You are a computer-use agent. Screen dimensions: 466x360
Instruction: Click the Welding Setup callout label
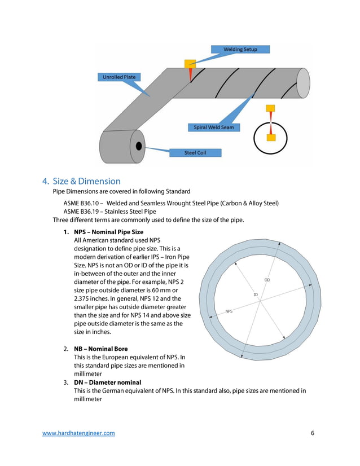(x=240, y=49)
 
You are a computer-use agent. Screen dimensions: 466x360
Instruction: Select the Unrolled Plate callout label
(x=118, y=77)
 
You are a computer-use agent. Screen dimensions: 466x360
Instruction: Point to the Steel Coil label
(x=195, y=152)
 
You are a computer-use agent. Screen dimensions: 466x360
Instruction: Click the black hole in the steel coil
(x=138, y=147)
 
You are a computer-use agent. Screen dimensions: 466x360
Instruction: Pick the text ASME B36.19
(x=83, y=212)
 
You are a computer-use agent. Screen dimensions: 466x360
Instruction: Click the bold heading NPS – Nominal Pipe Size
(x=108, y=232)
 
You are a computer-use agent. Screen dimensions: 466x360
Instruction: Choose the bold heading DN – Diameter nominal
(x=107, y=382)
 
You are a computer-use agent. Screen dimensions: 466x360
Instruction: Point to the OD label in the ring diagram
(x=267, y=280)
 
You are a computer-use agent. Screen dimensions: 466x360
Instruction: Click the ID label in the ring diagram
(x=255, y=294)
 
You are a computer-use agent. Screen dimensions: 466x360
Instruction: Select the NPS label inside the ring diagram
(x=229, y=311)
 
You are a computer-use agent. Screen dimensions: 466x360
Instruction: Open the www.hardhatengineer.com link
(x=79, y=433)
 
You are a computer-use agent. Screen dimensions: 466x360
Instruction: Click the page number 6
(x=312, y=433)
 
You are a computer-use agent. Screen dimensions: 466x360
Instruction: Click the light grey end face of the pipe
(x=303, y=82)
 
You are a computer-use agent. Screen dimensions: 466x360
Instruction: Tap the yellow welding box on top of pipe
(x=190, y=63)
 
